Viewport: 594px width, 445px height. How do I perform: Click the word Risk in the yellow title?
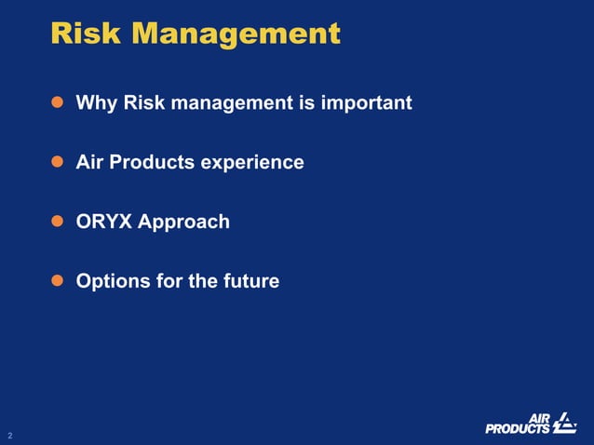click(x=86, y=34)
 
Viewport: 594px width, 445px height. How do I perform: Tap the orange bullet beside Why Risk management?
click(x=56, y=102)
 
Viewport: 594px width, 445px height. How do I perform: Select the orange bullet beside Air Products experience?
click(x=56, y=162)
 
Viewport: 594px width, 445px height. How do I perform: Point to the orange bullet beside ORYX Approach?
click(x=56, y=222)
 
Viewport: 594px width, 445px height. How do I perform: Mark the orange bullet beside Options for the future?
click(x=56, y=280)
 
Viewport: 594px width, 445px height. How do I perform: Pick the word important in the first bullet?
click(x=366, y=102)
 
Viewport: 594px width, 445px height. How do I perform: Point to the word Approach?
click(x=184, y=222)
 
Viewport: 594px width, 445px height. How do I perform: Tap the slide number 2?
click(x=10, y=435)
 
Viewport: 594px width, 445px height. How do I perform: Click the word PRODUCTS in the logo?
click(x=518, y=428)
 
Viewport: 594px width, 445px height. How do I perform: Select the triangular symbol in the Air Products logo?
click(x=564, y=423)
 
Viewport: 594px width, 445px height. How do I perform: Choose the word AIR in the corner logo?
click(x=540, y=417)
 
